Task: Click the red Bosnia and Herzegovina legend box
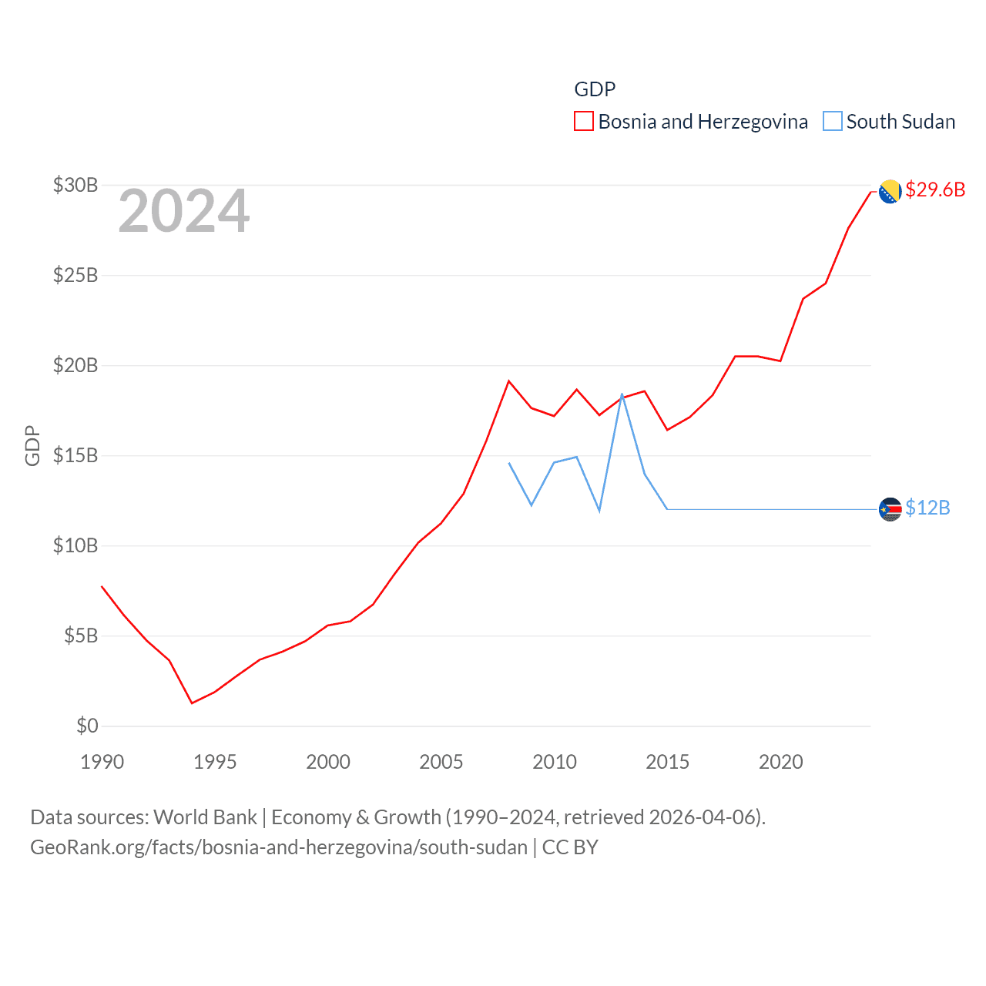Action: (x=584, y=122)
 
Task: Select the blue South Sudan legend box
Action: (x=833, y=122)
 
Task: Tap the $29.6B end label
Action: (x=935, y=189)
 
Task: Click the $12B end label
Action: (x=927, y=508)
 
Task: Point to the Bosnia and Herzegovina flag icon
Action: (x=890, y=192)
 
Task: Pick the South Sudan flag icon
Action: (x=890, y=509)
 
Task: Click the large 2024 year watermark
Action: (x=183, y=211)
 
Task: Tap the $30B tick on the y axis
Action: (x=75, y=185)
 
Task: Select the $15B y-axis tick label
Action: (x=75, y=455)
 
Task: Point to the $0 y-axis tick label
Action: (x=87, y=726)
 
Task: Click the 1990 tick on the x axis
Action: (x=102, y=762)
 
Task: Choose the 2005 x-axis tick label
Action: (x=441, y=762)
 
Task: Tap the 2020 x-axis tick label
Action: (x=781, y=762)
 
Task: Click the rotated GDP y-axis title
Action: (x=32, y=445)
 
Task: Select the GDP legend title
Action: (x=595, y=89)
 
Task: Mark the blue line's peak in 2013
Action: (x=622, y=394)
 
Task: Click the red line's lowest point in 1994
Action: (x=192, y=703)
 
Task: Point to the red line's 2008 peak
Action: (x=509, y=381)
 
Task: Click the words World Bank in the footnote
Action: (x=206, y=817)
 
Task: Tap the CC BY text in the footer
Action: (x=570, y=847)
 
